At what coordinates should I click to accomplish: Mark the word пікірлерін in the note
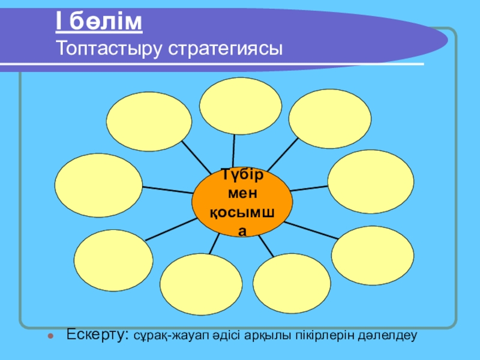313,335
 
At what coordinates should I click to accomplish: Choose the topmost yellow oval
241,106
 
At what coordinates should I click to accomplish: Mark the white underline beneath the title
240,64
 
